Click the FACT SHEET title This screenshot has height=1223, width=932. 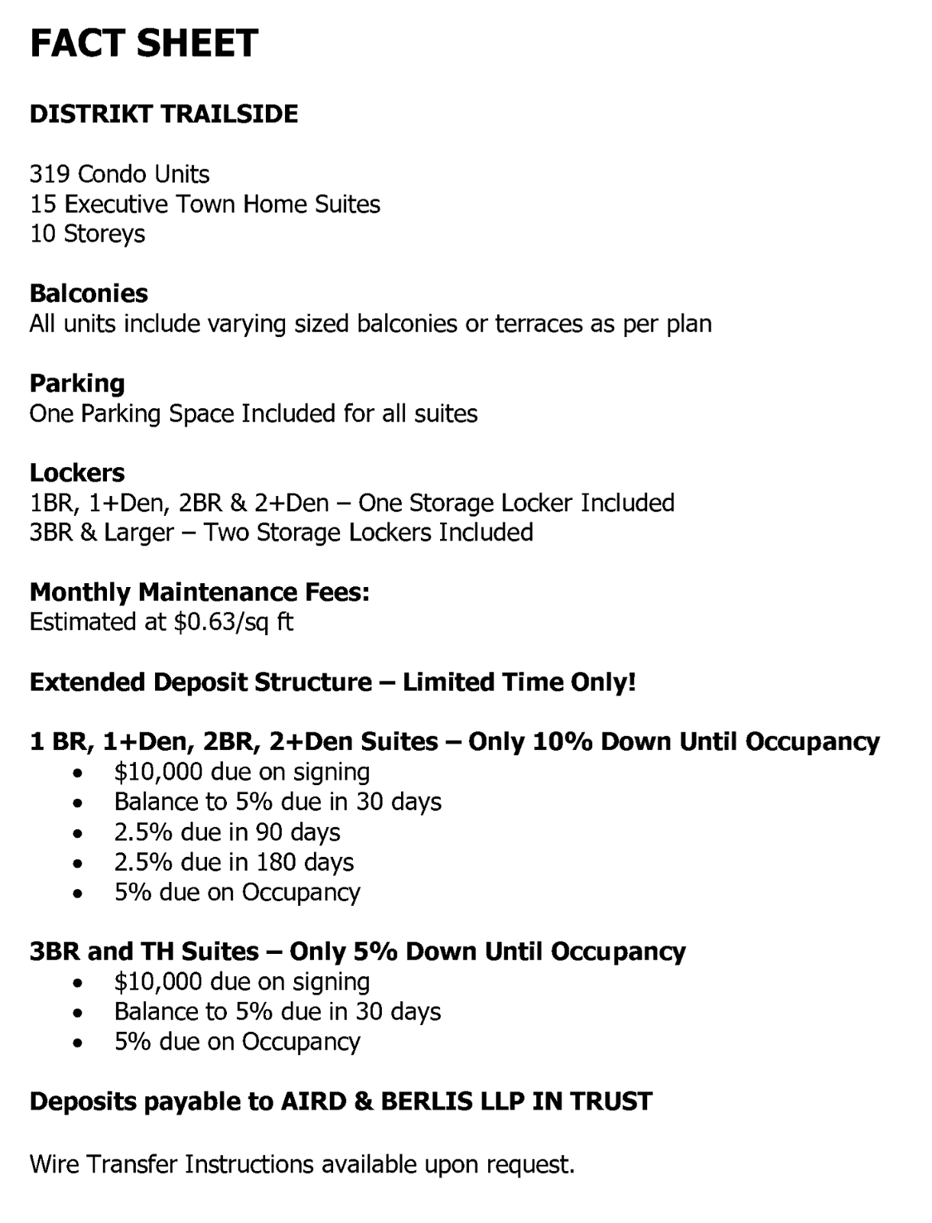point(144,43)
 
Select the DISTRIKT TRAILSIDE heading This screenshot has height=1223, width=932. point(163,114)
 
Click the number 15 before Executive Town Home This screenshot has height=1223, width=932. point(43,204)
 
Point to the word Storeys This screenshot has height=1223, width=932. point(104,234)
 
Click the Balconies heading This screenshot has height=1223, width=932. point(89,294)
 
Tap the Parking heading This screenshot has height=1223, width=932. point(76,383)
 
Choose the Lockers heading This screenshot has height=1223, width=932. point(76,473)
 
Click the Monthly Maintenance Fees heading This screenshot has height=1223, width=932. point(199,592)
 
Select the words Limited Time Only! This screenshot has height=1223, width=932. point(519,682)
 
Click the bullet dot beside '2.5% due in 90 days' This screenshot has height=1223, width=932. point(77,833)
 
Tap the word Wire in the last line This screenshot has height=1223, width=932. point(54,1165)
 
